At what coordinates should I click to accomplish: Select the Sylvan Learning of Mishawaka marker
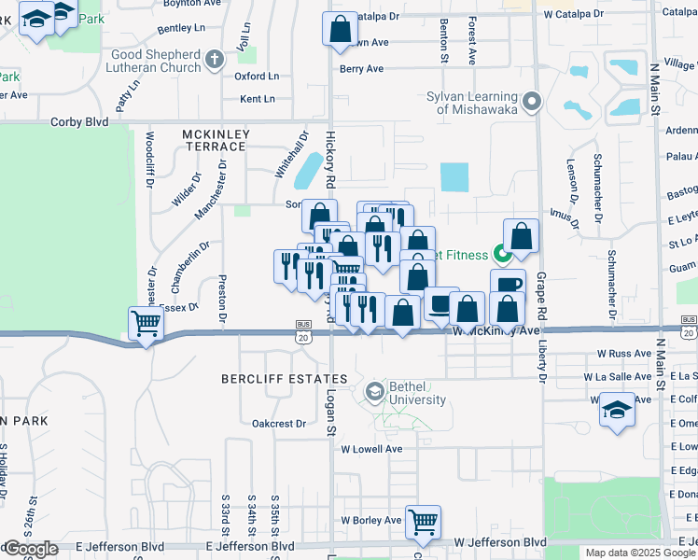click(x=533, y=101)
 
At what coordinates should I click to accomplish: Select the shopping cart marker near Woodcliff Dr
click(x=147, y=324)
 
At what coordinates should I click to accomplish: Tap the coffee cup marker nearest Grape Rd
click(x=508, y=285)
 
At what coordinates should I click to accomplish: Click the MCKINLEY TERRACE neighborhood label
click(x=216, y=140)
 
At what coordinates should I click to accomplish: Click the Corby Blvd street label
click(x=79, y=121)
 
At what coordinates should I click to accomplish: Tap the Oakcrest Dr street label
click(x=279, y=423)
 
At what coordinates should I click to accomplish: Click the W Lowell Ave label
click(x=371, y=449)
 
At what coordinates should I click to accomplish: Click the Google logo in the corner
click(x=30, y=550)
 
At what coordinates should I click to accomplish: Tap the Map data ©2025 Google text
click(x=639, y=553)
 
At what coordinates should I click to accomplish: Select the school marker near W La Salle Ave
click(x=616, y=409)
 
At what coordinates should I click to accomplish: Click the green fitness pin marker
click(x=502, y=252)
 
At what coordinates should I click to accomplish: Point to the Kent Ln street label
click(x=258, y=99)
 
